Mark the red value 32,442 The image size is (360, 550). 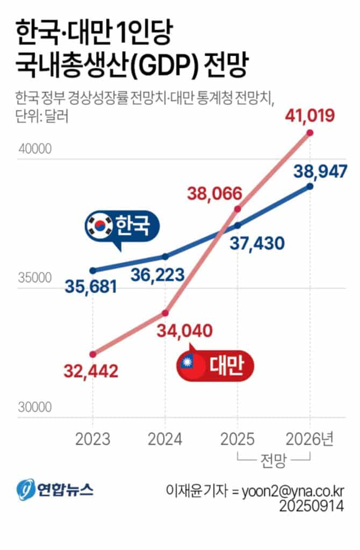pyautogui.click(x=91, y=371)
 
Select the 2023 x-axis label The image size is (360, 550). pyautogui.click(x=93, y=439)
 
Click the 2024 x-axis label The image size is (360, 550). pyautogui.click(x=165, y=439)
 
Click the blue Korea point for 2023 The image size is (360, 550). pyautogui.click(x=93, y=270)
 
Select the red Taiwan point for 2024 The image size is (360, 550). pyautogui.click(x=165, y=313)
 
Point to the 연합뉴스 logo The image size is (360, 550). pyautogui.click(x=54, y=489)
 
